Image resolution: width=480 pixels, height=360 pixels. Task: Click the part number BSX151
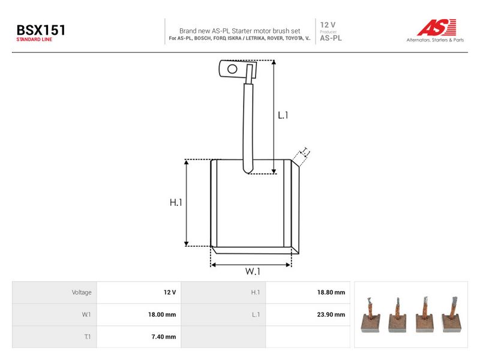(x=41, y=30)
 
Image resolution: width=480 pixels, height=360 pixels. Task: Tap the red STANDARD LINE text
(x=34, y=40)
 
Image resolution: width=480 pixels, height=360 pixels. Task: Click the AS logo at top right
(x=437, y=27)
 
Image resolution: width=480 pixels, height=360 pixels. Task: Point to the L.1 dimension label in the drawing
(x=283, y=115)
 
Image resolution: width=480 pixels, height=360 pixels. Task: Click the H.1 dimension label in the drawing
(x=176, y=202)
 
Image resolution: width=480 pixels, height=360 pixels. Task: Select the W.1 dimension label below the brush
(x=253, y=271)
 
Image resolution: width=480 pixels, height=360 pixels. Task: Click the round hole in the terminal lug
(x=232, y=69)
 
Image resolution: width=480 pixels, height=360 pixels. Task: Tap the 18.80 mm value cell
(x=331, y=292)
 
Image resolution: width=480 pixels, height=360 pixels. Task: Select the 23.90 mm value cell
(x=331, y=314)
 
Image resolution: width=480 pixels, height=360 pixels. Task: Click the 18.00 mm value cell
(x=162, y=314)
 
